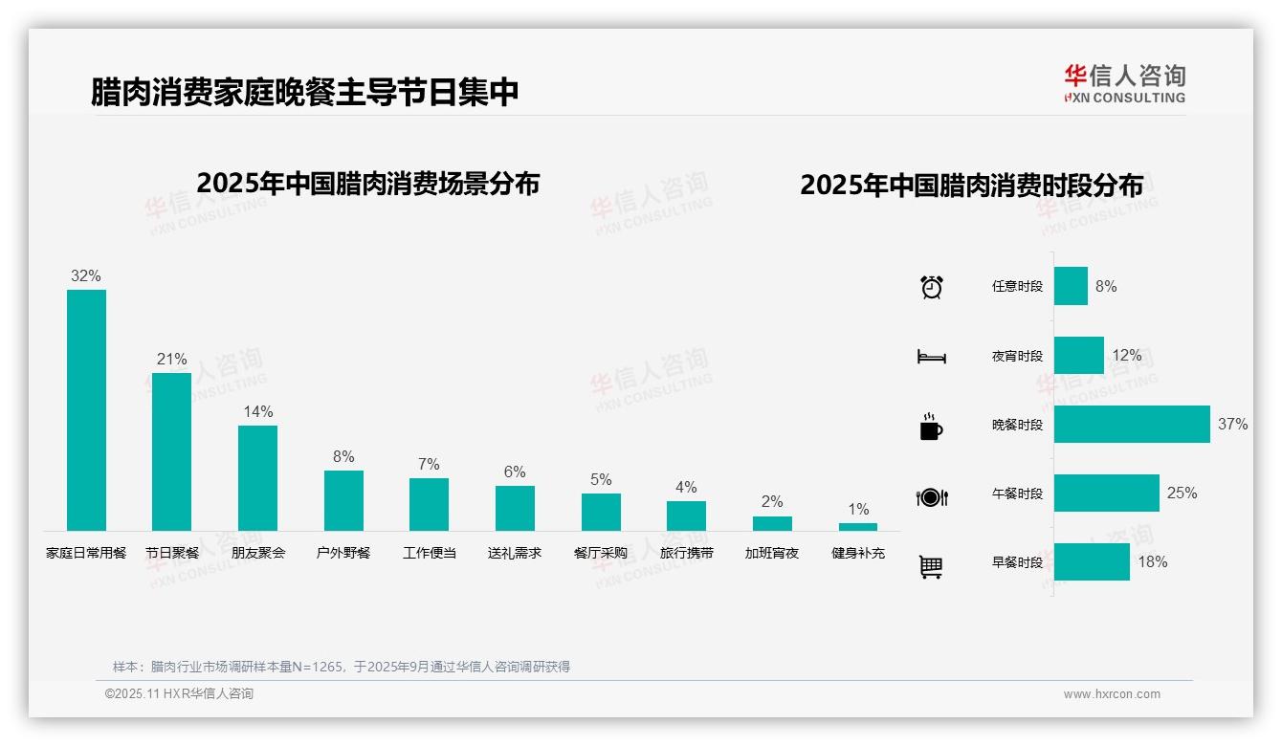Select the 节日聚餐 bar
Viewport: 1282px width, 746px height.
coord(171,451)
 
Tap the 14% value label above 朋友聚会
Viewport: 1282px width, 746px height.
coord(257,412)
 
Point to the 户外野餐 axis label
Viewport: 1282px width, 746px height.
coord(343,553)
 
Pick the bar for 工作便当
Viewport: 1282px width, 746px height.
coord(429,504)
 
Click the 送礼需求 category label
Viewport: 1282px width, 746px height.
coord(515,553)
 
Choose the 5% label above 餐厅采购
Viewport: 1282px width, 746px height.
coord(601,480)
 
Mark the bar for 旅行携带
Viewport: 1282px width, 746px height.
coord(686,516)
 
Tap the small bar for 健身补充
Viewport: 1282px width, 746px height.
coord(858,526)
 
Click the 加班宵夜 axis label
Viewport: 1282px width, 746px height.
coord(772,553)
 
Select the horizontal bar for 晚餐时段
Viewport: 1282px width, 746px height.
coord(1132,425)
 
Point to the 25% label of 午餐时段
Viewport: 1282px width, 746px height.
coord(1182,494)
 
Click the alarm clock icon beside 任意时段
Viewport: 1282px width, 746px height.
coord(932,287)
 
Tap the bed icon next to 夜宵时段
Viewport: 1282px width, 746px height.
coord(932,357)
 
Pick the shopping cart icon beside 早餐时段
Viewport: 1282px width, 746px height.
coord(931,566)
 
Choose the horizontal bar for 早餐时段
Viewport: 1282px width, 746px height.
coord(1092,562)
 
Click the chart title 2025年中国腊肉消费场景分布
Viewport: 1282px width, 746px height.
coord(368,184)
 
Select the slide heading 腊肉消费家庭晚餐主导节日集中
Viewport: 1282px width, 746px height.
coord(305,92)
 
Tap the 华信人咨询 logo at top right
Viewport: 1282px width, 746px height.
coord(1124,83)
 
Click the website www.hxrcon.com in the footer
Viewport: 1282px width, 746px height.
coord(1112,694)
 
